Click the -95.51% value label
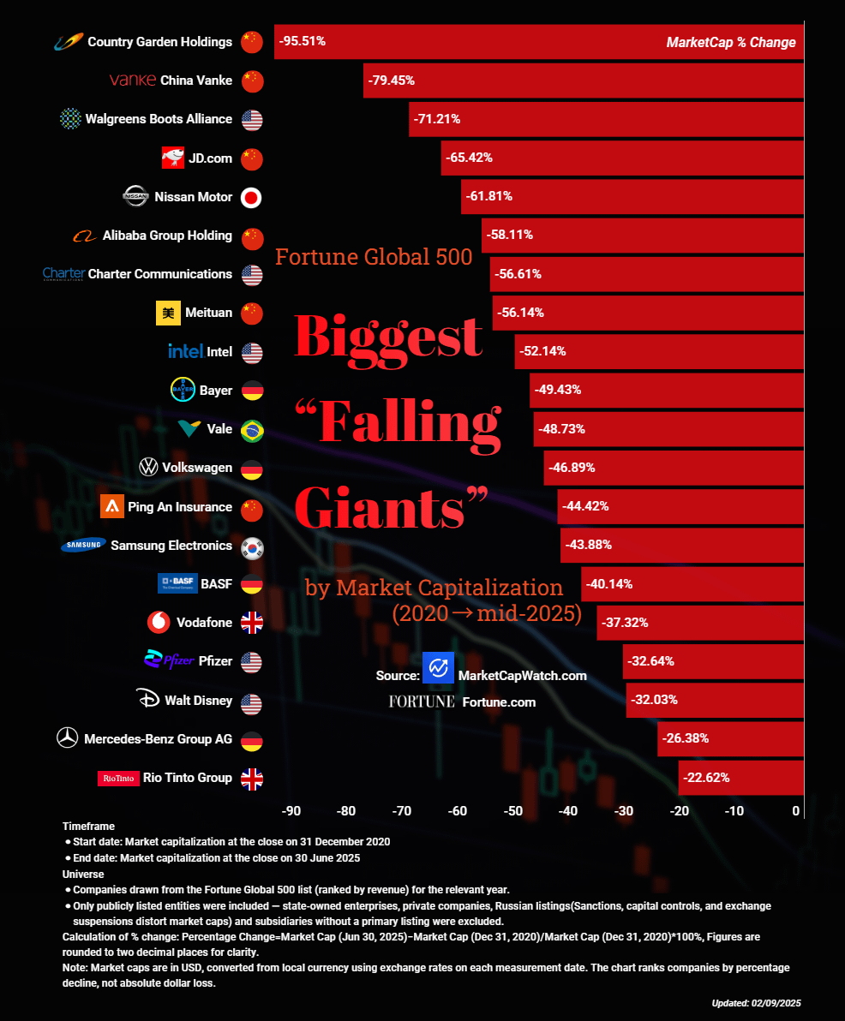(302, 41)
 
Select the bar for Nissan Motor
(632, 196)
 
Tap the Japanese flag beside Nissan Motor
(251, 198)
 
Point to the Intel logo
(185, 351)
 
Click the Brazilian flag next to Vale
(251, 430)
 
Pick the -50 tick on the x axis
(512, 811)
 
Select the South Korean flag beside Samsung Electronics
(251, 546)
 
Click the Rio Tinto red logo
(118, 778)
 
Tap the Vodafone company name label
(204, 623)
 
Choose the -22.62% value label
(706, 778)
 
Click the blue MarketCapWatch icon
(437, 668)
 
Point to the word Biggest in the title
(387, 337)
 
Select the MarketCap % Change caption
(730, 42)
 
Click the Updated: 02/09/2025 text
(756, 1003)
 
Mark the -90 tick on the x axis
(291, 811)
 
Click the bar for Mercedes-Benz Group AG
(730, 738)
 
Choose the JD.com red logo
(173, 158)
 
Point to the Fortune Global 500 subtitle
(374, 256)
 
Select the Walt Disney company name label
(198, 701)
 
